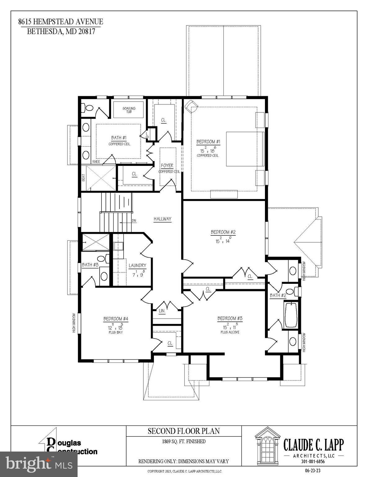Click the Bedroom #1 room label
point(208,142)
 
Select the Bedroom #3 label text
point(230,318)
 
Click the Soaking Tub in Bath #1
point(129,110)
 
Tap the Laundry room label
point(137,266)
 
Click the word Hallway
point(162,219)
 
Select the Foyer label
point(167,166)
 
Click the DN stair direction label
point(134,221)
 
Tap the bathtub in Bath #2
point(291,315)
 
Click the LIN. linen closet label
point(162,311)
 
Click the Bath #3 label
point(90,265)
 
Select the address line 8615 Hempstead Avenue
point(61,22)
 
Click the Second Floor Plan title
point(183,431)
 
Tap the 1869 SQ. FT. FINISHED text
point(183,441)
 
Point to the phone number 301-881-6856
point(313,461)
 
